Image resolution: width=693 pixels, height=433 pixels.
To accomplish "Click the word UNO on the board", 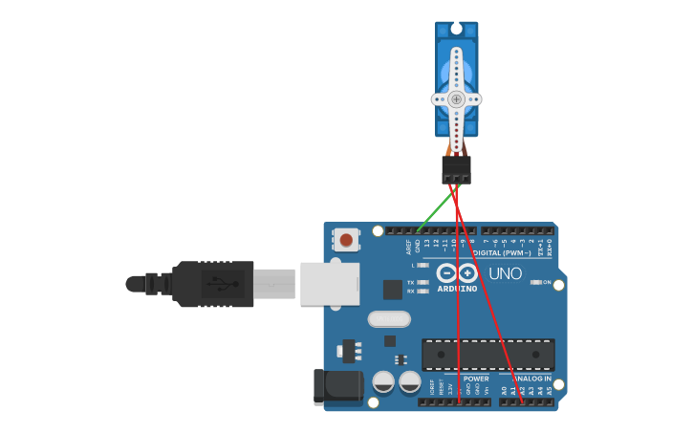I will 506,274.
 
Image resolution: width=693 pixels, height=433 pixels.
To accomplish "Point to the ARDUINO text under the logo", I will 457,289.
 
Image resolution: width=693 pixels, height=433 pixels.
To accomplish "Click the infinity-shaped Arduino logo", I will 457,273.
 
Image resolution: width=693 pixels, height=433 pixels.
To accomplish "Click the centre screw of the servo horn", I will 456,98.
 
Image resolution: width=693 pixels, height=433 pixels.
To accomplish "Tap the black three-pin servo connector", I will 456,171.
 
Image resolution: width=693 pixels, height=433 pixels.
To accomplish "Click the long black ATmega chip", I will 487,354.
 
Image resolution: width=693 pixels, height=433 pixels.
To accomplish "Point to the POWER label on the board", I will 476,379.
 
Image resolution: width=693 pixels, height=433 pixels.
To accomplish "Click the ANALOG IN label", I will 532,379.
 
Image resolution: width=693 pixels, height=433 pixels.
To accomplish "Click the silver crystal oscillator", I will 388,319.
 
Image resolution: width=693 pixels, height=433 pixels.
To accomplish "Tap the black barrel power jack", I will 338,386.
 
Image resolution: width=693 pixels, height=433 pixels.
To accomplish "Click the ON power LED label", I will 547,282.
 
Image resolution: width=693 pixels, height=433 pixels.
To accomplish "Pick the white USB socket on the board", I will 329,283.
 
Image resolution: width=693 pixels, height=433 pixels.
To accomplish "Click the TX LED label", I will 410,283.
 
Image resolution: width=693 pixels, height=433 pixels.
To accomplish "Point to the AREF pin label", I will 409,247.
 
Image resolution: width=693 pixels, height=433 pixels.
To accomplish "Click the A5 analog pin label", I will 550,390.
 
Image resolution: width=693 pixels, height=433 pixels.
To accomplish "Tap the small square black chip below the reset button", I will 393,289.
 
